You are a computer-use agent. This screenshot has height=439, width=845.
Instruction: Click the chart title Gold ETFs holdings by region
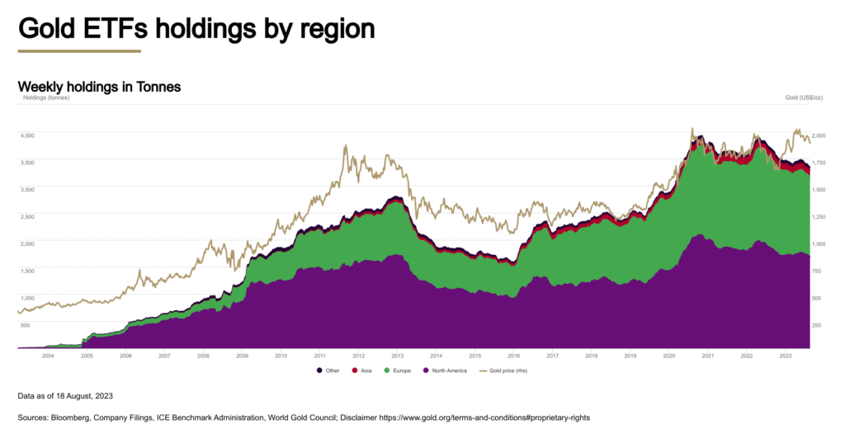click(196, 28)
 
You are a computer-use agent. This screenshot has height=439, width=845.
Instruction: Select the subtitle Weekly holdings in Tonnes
click(99, 87)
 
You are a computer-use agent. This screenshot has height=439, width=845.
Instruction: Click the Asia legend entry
click(364, 371)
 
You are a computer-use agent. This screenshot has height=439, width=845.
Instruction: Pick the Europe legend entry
click(403, 371)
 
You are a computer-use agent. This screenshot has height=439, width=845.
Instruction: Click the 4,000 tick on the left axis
click(27, 135)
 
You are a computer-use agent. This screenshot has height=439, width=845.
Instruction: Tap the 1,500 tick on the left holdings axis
click(27, 271)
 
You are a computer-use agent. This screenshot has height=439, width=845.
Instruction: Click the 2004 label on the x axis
click(48, 356)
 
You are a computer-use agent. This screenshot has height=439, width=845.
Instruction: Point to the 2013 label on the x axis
click(397, 356)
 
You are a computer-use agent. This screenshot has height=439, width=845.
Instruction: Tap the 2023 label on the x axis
click(786, 356)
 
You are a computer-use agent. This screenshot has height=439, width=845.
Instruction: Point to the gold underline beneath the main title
click(79, 51)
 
